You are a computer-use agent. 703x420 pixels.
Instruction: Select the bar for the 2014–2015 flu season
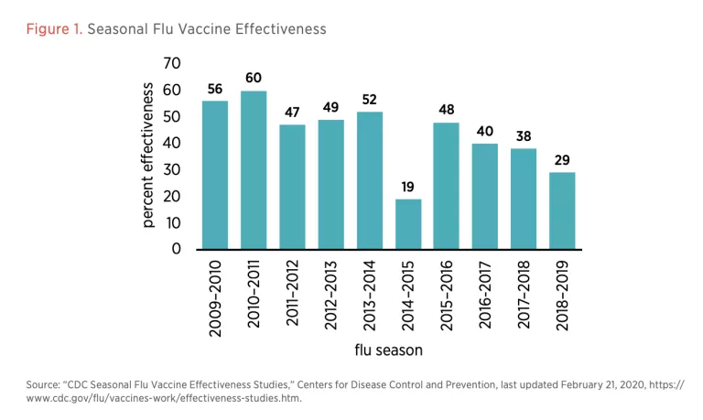(x=408, y=224)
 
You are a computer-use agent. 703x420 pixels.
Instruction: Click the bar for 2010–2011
(x=254, y=170)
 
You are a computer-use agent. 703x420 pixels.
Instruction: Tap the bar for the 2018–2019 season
(x=562, y=210)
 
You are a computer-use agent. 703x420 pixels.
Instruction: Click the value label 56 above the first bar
(x=215, y=90)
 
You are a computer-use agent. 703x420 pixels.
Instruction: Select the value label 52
(x=370, y=100)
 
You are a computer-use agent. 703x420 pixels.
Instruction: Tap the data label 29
(x=562, y=161)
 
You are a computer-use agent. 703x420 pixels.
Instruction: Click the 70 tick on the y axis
(x=172, y=63)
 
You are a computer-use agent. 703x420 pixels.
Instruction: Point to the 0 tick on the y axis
(x=177, y=249)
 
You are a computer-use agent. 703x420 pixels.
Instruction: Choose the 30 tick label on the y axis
(x=172, y=169)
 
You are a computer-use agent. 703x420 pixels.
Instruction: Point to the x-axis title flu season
(x=388, y=350)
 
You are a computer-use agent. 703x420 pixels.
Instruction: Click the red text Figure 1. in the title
(x=54, y=29)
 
